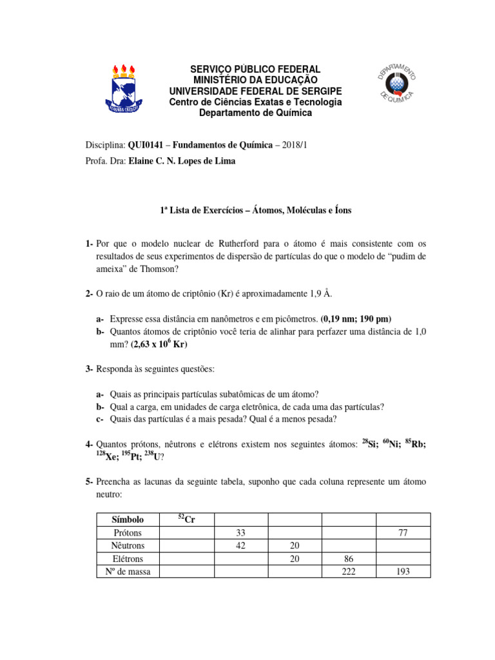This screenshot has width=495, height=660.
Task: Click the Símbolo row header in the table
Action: click(x=128, y=519)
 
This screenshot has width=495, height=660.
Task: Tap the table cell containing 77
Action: click(x=402, y=533)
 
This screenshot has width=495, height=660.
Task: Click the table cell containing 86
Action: click(x=348, y=559)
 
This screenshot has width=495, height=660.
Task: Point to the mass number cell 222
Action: click(x=348, y=572)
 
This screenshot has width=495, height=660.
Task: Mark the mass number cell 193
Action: click(x=402, y=572)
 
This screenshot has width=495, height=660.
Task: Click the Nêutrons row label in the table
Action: click(x=128, y=546)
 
